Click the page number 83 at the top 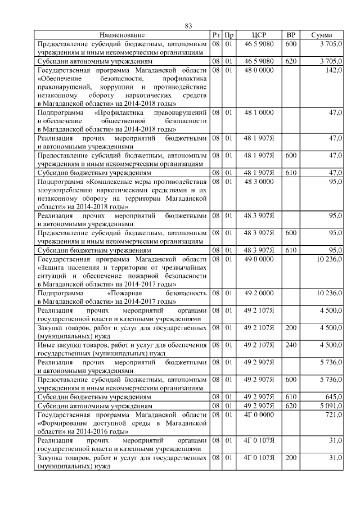[x=188, y=26]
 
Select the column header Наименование [x=123, y=35]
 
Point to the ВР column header [x=291, y=35]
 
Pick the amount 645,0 [x=332, y=397]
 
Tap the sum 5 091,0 [x=330, y=406]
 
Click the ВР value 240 [x=291, y=345]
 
